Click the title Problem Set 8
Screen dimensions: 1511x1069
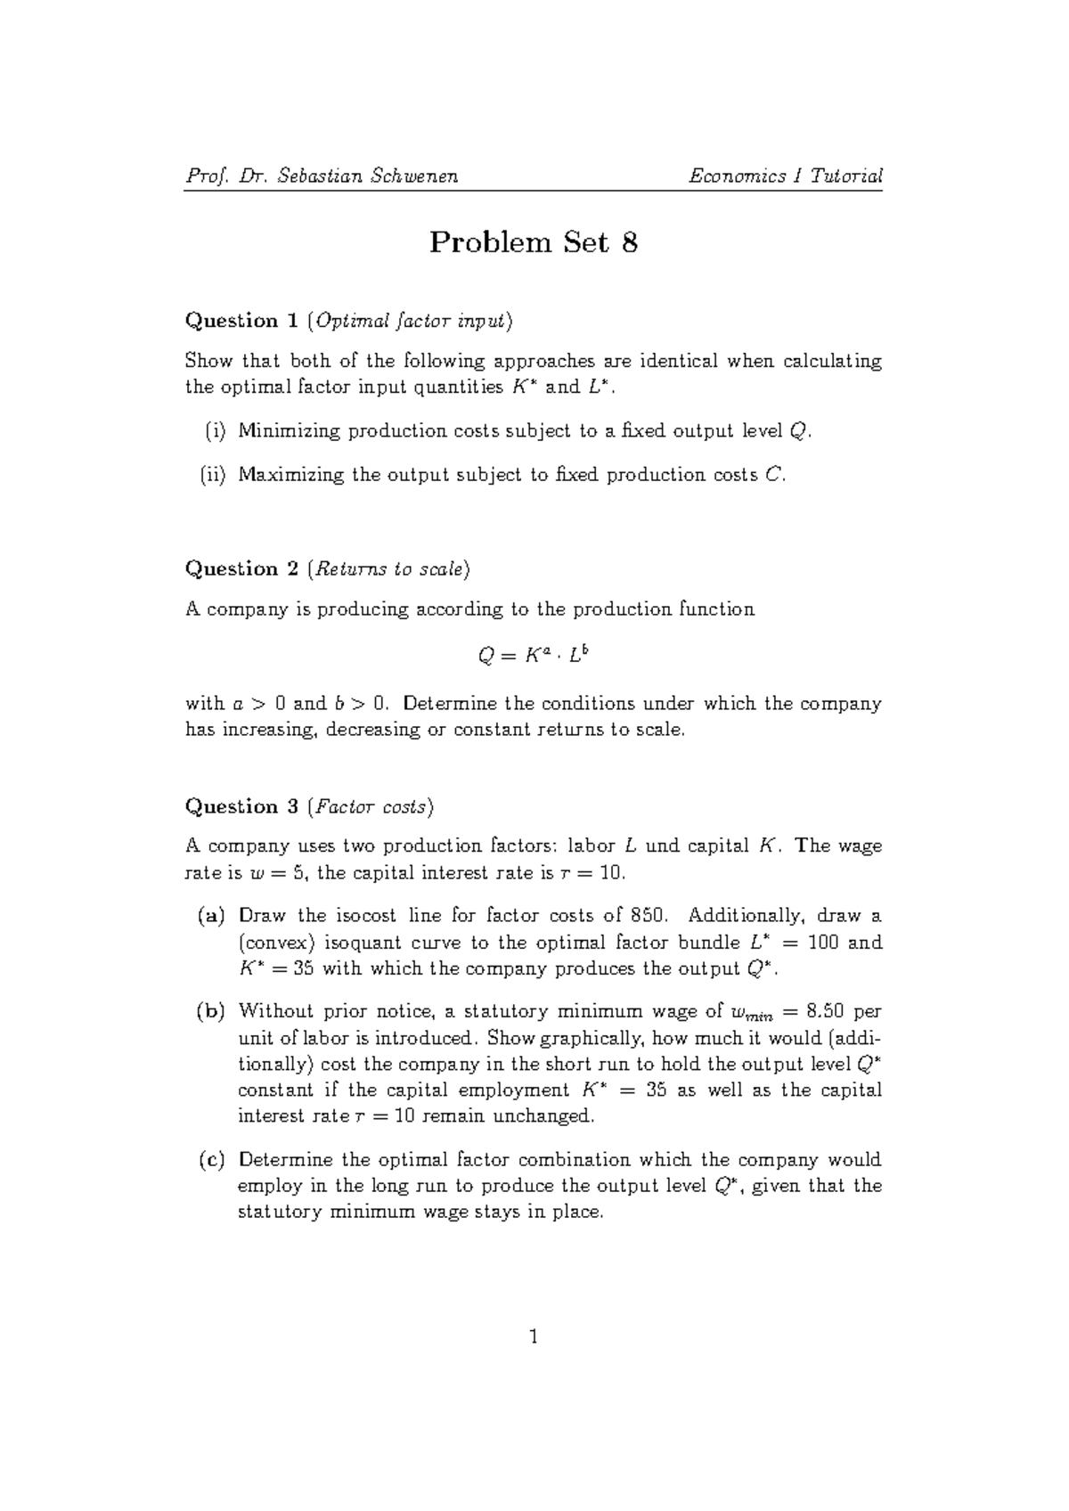534,242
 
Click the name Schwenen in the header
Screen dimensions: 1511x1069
413,176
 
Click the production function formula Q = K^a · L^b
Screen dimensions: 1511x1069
534,656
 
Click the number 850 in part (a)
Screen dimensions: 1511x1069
648,916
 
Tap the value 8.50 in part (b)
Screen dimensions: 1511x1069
825,1011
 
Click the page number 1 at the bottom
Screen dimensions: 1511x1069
534,1336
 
